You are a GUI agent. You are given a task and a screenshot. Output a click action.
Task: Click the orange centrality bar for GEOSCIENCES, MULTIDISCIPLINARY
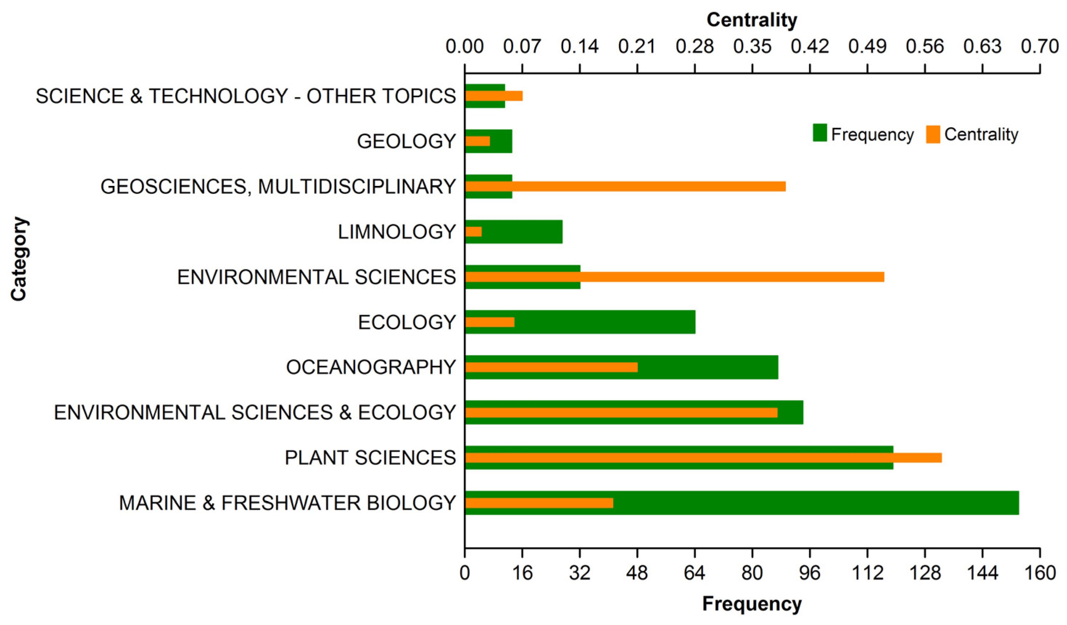pyautogui.click(x=625, y=186)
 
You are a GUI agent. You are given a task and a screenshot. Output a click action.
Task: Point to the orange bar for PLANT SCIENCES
pyautogui.click(x=703, y=458)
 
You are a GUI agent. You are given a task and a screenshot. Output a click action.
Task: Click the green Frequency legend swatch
pyautogui.click(x=820, y=133)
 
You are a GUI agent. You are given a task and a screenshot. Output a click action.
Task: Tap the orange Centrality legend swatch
pyautogui.click(x=933, y=134)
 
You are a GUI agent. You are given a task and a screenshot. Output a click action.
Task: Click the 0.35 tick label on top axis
pyautogui.click(x=752, y=46)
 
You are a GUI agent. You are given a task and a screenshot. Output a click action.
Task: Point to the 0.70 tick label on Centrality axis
pyautogui.click(x=1039, y=46)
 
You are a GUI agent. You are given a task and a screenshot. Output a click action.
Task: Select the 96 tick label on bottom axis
pyautogui.click(x=810, y=573)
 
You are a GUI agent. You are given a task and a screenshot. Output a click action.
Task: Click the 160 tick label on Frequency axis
pyautogui.click(x=1039, y=573)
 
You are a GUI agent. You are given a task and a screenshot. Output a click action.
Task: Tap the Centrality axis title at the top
pyautogui.click(x=752, y=20)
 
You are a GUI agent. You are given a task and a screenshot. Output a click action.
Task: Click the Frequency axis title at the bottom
pyautogui.click(x=752, y=604)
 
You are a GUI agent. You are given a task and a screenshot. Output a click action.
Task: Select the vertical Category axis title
pyautogui.click(x=19, y=259)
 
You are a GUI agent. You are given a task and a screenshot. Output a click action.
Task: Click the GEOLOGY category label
pyautogui.click(x=406, y=141)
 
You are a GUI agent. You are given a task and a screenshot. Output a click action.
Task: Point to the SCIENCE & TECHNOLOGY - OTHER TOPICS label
pyautogui.click(x=246, y=96)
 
